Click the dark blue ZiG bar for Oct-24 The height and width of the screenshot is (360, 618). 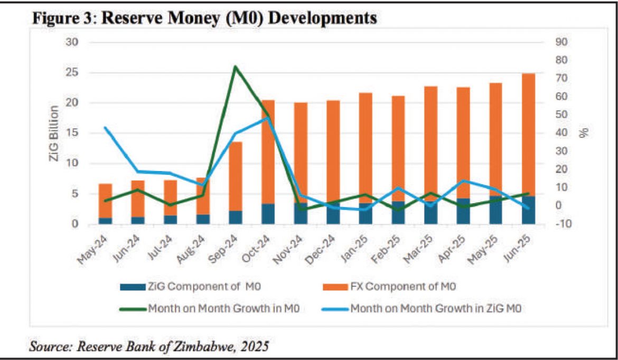[268, 214]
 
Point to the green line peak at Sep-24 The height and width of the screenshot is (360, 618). [235, 67]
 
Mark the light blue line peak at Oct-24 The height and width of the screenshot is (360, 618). [268, 118]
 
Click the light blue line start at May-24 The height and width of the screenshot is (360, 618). [105, 128]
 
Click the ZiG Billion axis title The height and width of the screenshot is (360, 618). [54, 133]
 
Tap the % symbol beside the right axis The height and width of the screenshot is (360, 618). [584, 132]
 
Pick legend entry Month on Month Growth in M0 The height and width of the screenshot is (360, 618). [225, 309]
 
